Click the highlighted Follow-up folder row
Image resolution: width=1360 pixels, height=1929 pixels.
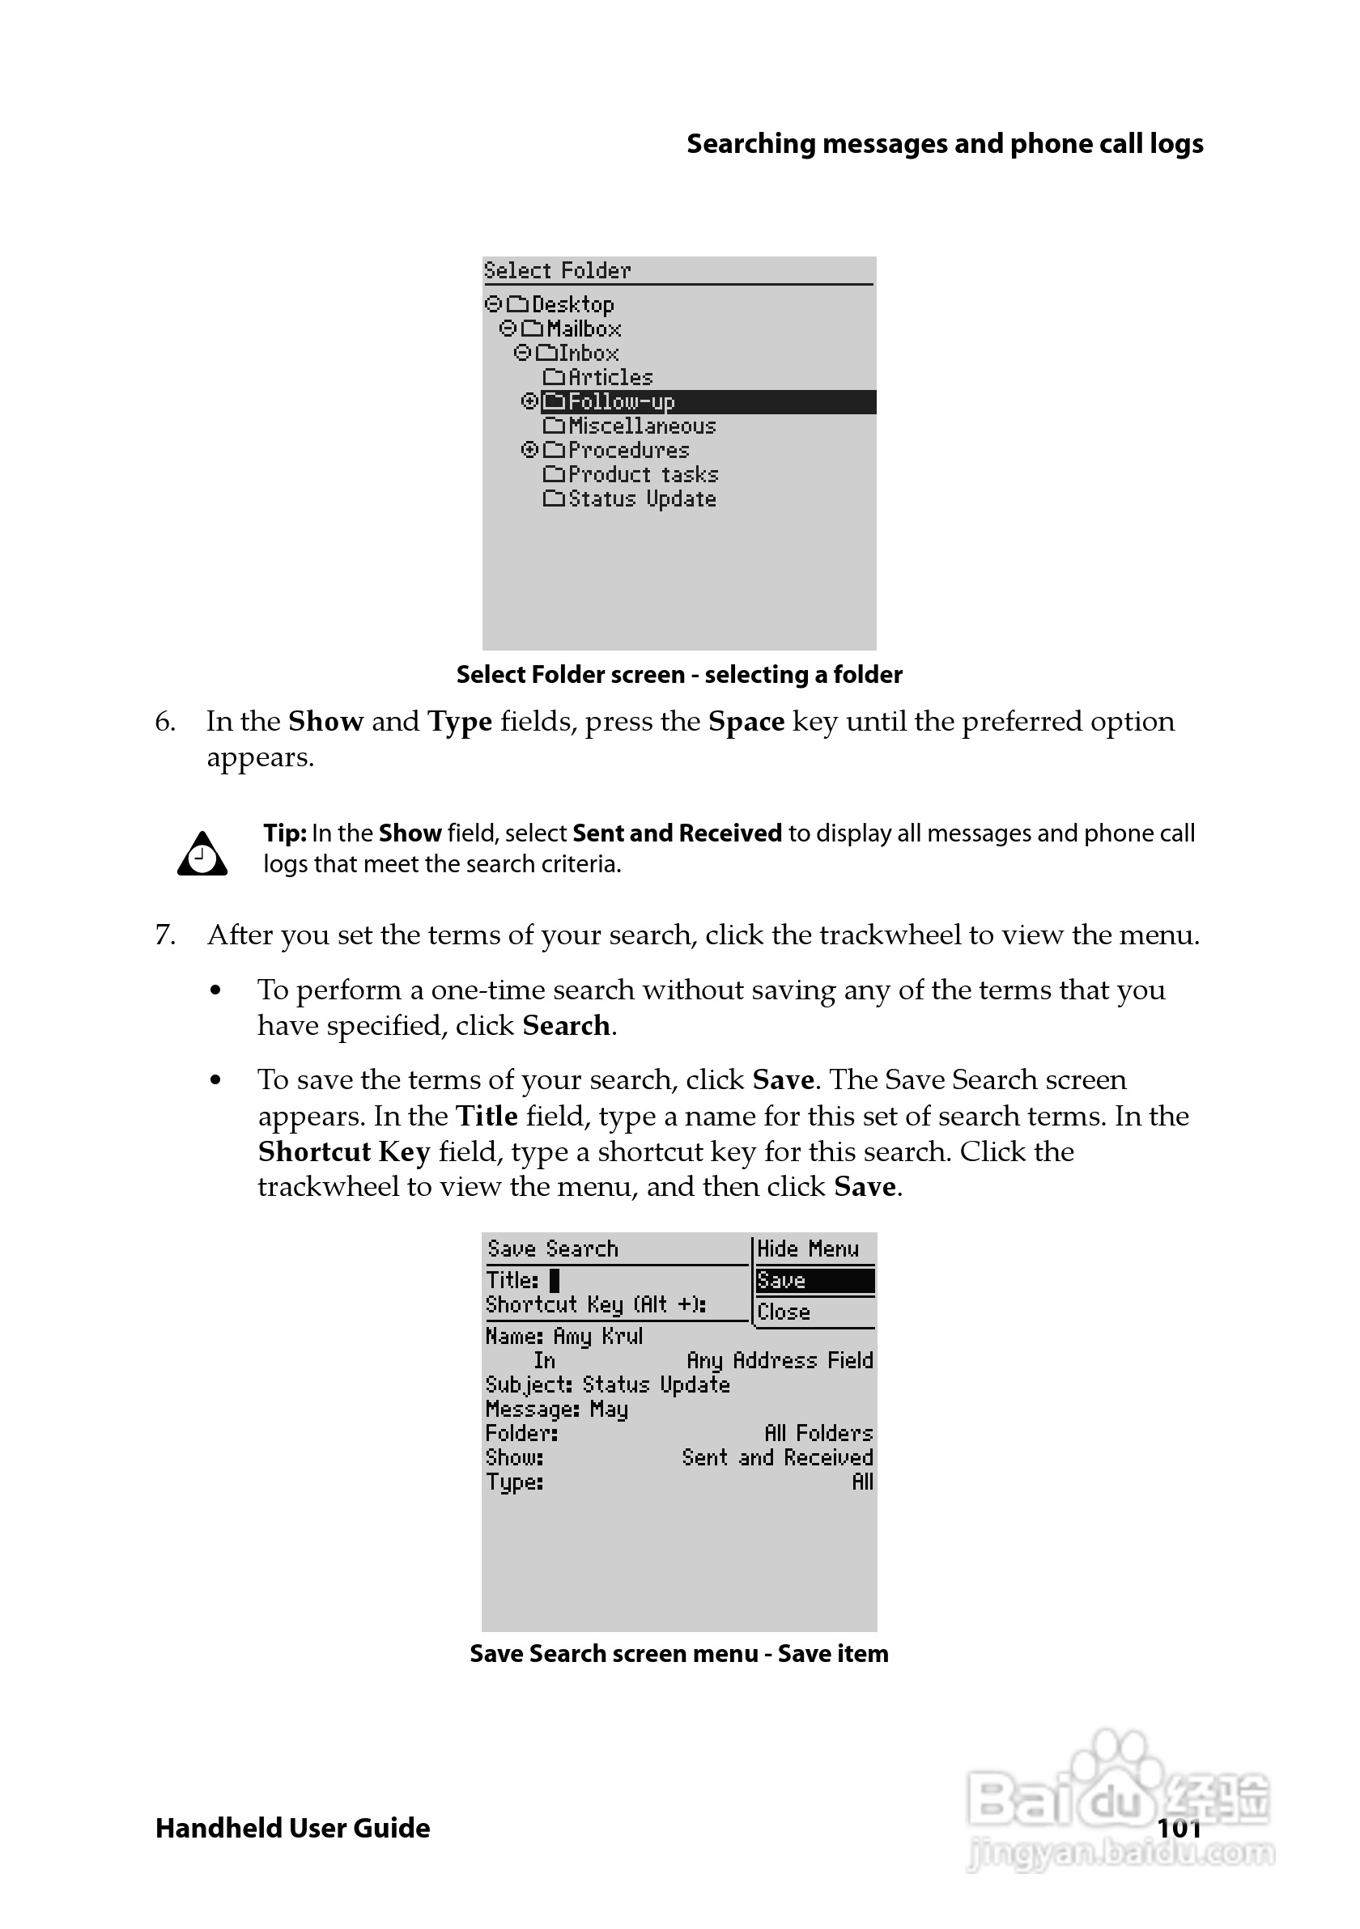[x=622, y=401]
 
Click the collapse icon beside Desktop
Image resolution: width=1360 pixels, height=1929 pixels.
[x=493, y=303]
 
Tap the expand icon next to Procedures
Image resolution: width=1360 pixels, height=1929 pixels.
[x=529, y=450]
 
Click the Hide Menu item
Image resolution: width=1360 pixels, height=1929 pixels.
[x=808, y=1249]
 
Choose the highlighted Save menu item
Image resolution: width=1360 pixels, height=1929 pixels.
[x=814, y=1280]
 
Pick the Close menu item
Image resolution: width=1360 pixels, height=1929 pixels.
[x=784, y=1312]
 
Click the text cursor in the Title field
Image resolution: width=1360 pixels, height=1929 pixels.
[x=554, y=1279]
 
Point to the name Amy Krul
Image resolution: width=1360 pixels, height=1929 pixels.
[x=597, y=1336]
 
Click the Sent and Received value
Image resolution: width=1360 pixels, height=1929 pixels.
[x=777, y=1457]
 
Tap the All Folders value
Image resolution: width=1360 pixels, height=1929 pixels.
[x=818, y=1433]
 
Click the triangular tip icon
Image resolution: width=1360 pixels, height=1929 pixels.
[x=202, y=854]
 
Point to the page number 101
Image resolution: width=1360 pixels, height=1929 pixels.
[x=1179, y=1828]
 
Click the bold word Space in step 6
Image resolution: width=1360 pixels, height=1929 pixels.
[x=746, y=722]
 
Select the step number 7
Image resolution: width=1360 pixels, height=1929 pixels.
[x=166, y=935]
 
